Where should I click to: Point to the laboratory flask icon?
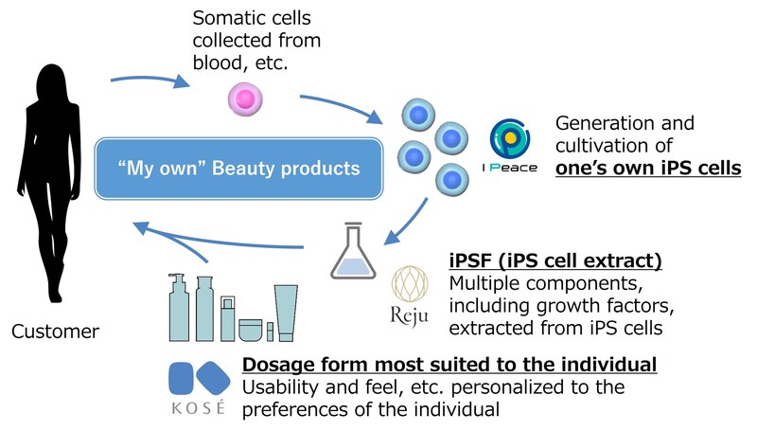pyautogui.click(x=353, y=253)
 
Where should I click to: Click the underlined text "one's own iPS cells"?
pyautogui.click(x=647, y=168)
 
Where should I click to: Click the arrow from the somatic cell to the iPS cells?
pyautogui.click(x=341, y=106)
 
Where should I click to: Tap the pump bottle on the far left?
pyautogui.click(x=178, y=308)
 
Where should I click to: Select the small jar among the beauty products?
pyautogui.click(x=250, y=330)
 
